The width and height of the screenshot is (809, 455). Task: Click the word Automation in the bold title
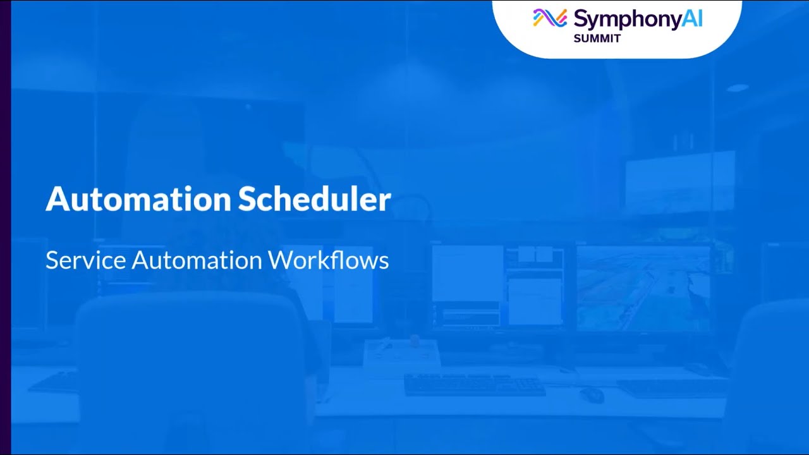coord(138,199)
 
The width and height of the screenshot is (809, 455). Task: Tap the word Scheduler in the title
coord(314,199)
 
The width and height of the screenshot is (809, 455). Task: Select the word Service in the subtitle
coord(85,260)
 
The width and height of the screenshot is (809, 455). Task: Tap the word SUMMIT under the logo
coord(597,39)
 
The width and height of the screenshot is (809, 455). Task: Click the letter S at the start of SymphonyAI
coord(580,19)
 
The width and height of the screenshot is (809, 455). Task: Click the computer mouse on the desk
coord(592,395)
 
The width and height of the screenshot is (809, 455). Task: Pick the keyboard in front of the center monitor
coord(474,385)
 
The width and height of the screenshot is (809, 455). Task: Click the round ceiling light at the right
coord(737,88)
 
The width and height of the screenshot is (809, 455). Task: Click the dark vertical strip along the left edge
coord(5,227)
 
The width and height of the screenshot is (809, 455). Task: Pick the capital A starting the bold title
coord(54,199)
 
